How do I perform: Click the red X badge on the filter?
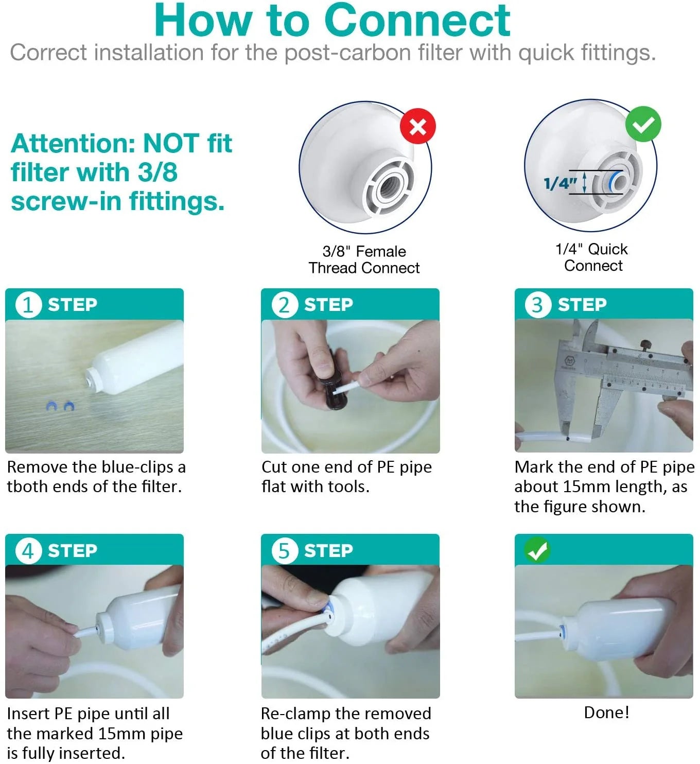coord(417,126)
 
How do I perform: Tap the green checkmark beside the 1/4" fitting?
coord(643,124)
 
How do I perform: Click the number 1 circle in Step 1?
coord(28,305)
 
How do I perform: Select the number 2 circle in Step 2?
coord(284,305)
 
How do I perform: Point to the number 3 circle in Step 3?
coord(537,305)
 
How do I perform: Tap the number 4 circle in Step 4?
coord(28,551)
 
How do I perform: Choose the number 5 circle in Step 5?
coord(284,551)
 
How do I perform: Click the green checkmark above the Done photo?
coord(537,550)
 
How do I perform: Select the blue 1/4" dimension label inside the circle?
coord(560,183)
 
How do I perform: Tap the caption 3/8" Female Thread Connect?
coord(364,259)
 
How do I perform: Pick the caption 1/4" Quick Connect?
coord(592,257)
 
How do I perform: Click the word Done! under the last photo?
coord(606,713)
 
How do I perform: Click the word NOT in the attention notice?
coord(171,144)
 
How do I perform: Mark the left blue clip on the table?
coord(51,407)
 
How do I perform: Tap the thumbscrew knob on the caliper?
coord(644,344)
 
